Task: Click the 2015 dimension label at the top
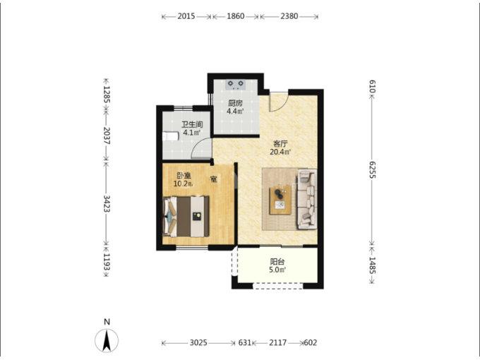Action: pos(186,16)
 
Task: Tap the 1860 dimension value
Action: pos(235,16)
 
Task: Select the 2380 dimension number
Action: pos(289,16)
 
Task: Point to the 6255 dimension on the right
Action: pos(372,170)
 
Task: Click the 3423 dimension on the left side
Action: pos(107,203)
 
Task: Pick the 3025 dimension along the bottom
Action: pos(198,342)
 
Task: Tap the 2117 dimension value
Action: pos(277,342)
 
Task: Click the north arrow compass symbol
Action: pos(107,340)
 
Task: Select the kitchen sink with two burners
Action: pos(235,84)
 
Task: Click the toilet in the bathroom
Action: pos(170,136)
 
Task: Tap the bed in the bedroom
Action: pos(186,217)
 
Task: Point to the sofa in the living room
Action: pos(306,199)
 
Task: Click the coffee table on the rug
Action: pos(280,200)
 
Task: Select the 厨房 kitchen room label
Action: pos(235,103)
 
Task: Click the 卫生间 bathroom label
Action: pos(192,125)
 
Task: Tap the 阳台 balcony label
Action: pos(277,262)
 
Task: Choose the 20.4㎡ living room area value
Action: pos(280,152)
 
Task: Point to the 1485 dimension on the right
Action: pos(372,265)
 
